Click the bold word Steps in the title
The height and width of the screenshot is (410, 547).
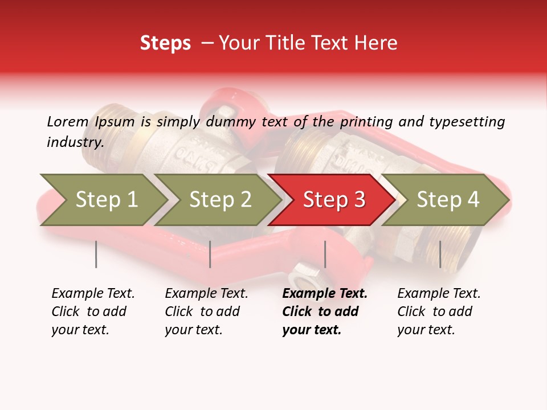(x=165, y=43)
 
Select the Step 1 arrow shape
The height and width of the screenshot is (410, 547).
(x=106, y=200)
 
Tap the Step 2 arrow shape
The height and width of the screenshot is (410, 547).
(x=220, y=200)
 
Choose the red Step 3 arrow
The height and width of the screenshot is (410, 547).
(x=334, y=200)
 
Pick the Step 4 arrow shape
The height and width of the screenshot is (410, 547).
(x=448, y=200)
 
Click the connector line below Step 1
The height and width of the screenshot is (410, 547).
(x=96, y=254)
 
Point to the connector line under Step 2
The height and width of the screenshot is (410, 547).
(x=210, y=254)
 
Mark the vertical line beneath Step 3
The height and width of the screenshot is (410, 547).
(x=325, y=254)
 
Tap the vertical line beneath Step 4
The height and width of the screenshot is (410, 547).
(x=440, y=254)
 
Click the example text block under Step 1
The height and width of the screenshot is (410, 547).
(x=93, y=311)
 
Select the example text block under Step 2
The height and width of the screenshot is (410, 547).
(x=206, y=311)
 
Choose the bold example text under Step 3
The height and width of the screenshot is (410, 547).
(x=325, y=311)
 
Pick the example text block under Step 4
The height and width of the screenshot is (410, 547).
(x=439, y=311)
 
